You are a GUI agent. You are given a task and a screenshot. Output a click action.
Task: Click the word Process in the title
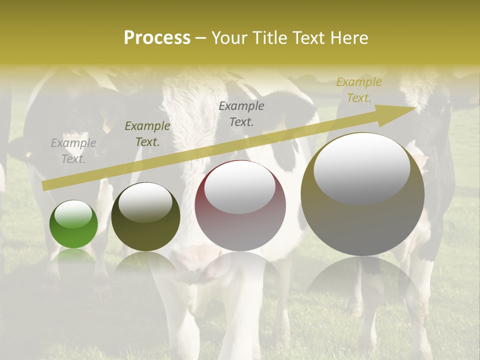coord(157,37)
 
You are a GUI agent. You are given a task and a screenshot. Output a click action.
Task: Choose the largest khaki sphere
coord(362,195)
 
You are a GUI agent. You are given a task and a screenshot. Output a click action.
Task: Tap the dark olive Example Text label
coord(147,134)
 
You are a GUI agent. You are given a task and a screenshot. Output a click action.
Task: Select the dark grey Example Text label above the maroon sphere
coord(241,113)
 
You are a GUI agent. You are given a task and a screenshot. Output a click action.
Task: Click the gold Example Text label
coord(359,90)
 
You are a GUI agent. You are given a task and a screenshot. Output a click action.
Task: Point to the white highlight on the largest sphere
coord(361,167)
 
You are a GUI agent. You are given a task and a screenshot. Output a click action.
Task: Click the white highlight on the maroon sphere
coord(239,187)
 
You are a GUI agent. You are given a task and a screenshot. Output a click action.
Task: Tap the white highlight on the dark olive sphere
coord(145,201)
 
